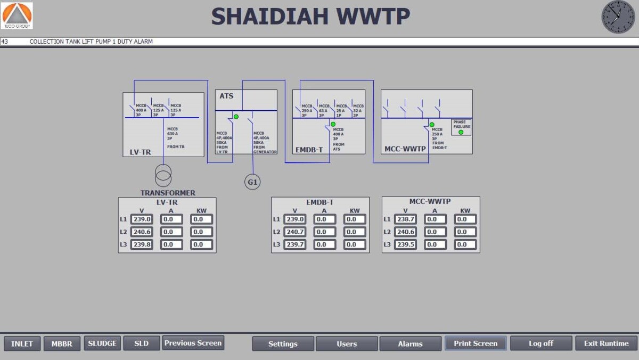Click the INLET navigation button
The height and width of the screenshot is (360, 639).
pos(22,343)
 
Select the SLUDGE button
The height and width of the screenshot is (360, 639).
pos(102,343)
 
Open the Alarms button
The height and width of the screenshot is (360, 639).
pos(410,344)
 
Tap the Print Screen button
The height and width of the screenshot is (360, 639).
pos(476,343)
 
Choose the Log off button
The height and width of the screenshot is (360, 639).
pos(541,343)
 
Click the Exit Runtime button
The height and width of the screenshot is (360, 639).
pos(606,343)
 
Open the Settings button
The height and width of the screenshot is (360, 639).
pos(283,344)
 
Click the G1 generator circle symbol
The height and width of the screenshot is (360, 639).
pos(252,182)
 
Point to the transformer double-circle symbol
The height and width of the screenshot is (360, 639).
pos(163,175)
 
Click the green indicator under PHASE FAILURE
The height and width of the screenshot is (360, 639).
pos(461,132)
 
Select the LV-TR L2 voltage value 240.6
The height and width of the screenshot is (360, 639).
pos(142,232)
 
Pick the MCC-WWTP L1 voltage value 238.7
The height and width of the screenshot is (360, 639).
pos(406,219)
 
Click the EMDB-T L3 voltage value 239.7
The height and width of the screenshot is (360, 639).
pos(295,244)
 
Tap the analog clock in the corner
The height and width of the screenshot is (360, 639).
pos(618,17)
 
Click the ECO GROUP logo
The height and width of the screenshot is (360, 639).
pos(18,15)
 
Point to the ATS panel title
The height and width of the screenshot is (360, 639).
pos(227,96)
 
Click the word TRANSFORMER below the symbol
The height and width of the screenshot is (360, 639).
pos(168,193)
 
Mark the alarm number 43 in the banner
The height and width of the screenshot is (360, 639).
pos(5,42)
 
